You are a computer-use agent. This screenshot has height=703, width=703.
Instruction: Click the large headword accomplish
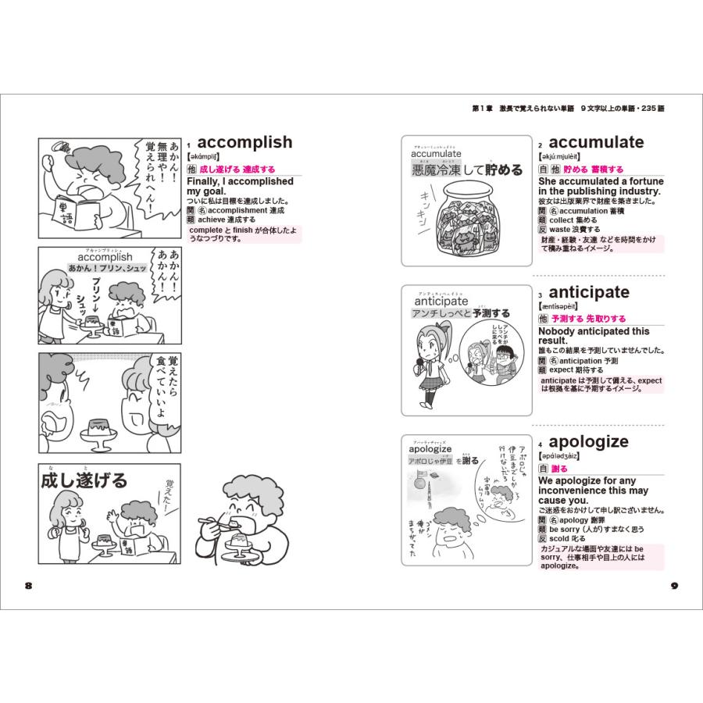(x=244, y=142)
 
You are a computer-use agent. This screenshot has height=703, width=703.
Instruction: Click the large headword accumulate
(x=596, y=142)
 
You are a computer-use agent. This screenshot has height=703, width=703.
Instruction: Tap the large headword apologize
(x=588, y=442)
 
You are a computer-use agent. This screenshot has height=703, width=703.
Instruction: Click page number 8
(x=29, y=586)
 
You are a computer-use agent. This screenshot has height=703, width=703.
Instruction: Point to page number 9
(x=675, y=586)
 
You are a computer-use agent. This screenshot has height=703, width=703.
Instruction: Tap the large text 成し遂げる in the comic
(x=84, y=480)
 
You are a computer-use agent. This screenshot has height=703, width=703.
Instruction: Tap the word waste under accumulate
(x=562, y=230)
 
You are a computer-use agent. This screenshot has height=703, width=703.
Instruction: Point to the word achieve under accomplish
(x=213, y=220)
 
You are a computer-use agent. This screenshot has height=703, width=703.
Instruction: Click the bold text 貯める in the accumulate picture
(x=504, y=170)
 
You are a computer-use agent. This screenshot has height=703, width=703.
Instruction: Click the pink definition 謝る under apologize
(x=559, y=469)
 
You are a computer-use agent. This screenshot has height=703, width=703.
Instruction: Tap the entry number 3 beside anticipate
(x=540, y=295)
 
